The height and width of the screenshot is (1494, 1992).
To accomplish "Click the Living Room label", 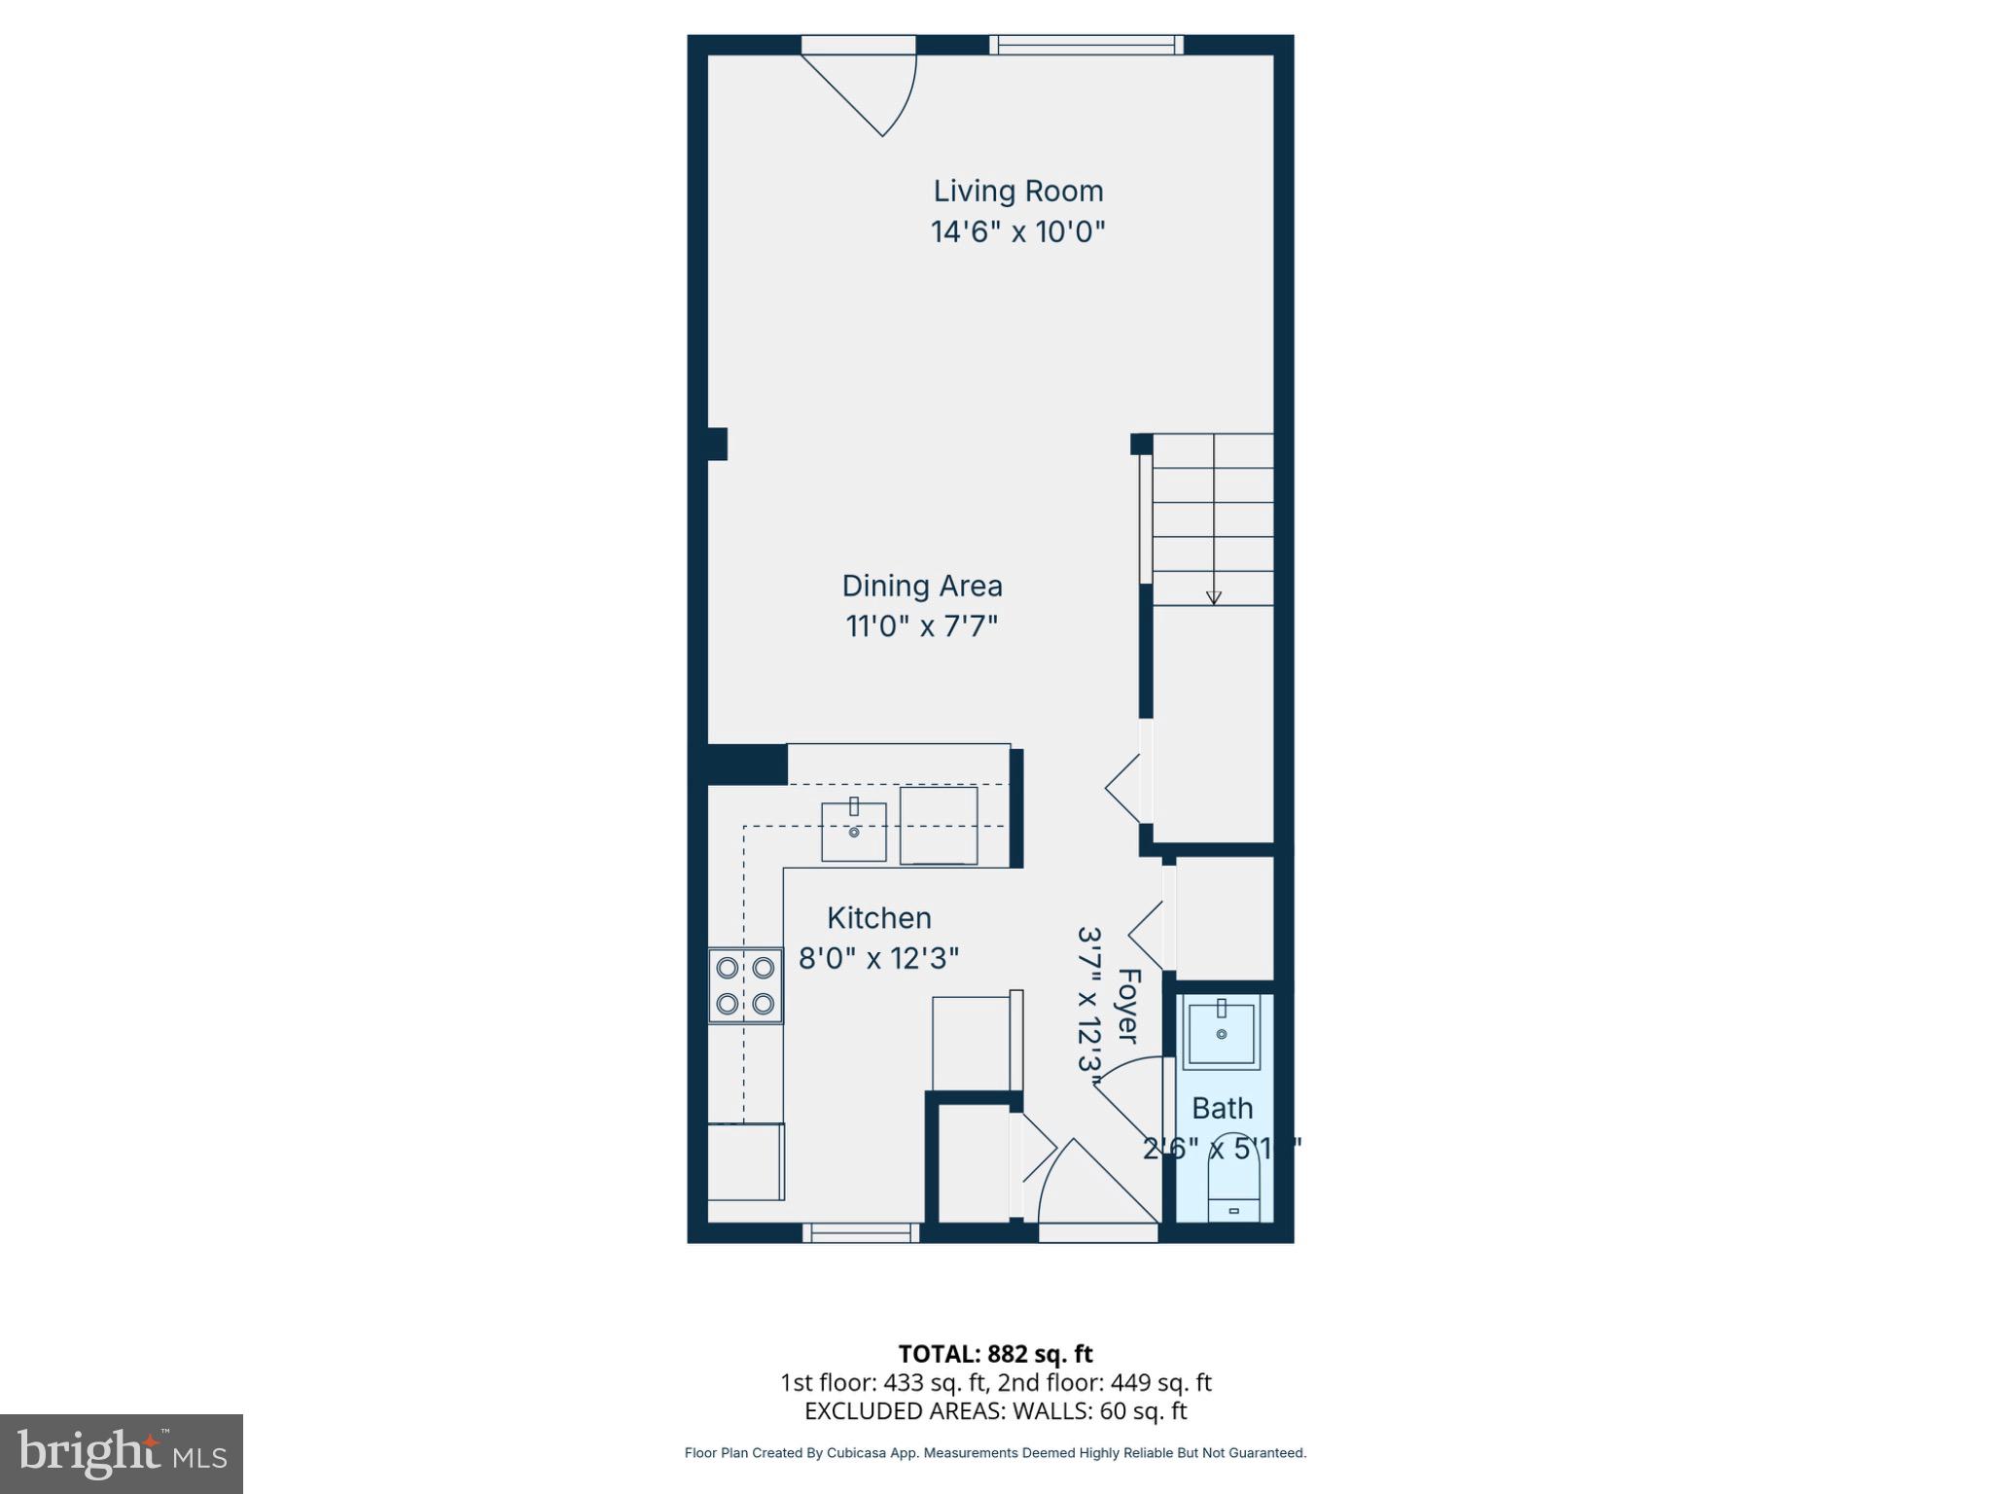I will click(1018, 191).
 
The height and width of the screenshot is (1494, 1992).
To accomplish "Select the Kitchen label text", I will click(878, 917).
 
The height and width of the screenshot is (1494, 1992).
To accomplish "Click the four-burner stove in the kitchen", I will click(745, 985).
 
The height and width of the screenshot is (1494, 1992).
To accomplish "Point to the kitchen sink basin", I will click(853, 832).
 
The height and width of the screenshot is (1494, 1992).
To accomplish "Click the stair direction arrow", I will click(1213, 596).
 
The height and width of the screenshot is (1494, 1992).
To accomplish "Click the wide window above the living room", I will click(1086, 44).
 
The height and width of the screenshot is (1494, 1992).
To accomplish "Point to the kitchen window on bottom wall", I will click(861, 1233).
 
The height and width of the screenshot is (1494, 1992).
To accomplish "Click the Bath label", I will click(1222, 1108).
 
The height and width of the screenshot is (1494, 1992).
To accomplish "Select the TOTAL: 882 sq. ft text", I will click(995, 1354).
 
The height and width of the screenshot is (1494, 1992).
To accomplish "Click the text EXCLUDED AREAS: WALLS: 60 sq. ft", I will click(995, 1411).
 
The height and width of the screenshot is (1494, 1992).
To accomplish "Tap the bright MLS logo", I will click(122, 1453).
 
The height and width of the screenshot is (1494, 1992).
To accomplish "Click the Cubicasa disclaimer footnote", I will click(995, 1453).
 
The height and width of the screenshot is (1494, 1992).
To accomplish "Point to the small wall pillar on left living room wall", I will click(717, 444).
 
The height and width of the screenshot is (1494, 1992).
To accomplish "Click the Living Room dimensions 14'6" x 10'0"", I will click(1018, 232).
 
